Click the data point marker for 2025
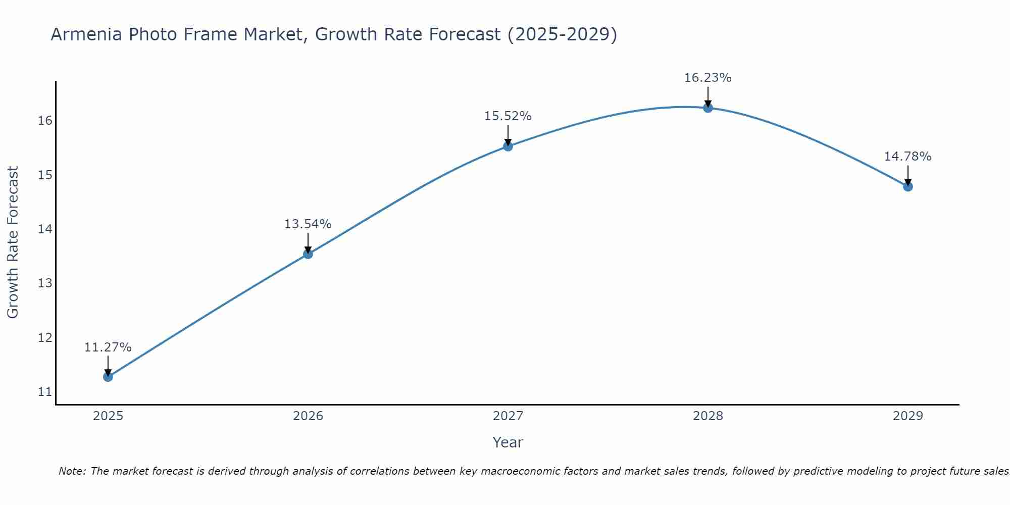108,377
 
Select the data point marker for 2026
308,254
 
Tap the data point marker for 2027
508,146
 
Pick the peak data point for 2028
708,108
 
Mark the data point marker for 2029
908,186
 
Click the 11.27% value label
108,347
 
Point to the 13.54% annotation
308,224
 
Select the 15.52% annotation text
508,116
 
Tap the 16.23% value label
708,78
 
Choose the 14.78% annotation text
907,157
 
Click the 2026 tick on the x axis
308,416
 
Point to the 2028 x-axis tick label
708,416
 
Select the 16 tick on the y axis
45,121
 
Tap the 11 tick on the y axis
45,392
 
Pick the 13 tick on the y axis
45,283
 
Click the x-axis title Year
508,442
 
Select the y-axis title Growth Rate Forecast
13,242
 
